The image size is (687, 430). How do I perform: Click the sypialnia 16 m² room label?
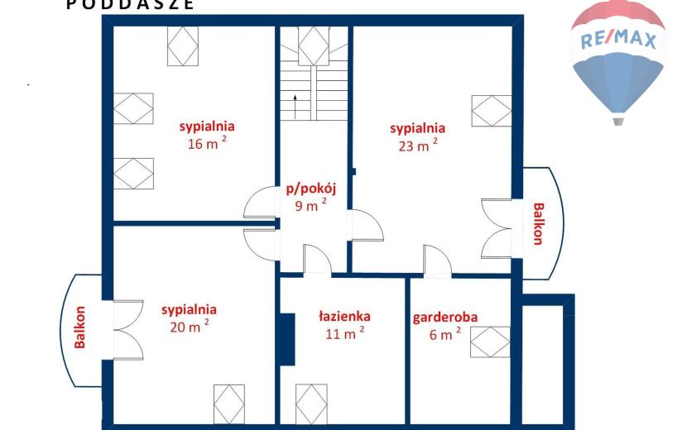click(x=207, y=135)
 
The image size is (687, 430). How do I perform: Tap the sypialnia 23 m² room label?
click(x=417, y=136)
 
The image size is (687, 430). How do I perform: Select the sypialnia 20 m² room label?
click(x=189, y=318)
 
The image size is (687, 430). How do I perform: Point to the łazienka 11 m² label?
click(x=344, y=325)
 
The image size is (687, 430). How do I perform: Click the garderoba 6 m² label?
click(x=444, y=326)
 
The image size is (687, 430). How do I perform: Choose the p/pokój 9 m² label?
click(x=310, y=197)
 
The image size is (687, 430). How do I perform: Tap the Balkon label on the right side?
click(x=538, y=224)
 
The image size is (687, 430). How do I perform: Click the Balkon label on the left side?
click(x=79, y=327)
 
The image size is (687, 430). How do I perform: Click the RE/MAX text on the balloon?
click(x=618, y=41)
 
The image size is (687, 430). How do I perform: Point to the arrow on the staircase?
click(x=295, y=107)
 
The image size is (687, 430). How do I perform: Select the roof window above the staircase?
click(x=314, y=46)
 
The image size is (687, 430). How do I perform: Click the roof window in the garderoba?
click(x=490, y=342)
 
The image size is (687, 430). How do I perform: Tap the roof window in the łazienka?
click(x=311, y=404)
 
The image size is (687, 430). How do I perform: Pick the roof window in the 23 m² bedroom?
click(x=492, y=111)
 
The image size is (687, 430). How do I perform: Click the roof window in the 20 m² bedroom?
click(x=229, y=404)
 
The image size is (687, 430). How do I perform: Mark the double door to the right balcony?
click(x=497, y=228)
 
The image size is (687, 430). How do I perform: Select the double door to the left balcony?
click(x=128, y=330)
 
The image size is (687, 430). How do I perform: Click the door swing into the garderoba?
click(x=437, y=260)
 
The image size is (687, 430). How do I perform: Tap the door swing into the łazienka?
click(x=317, y=260)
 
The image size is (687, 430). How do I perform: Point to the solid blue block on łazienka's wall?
click(x=287, y=339)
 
